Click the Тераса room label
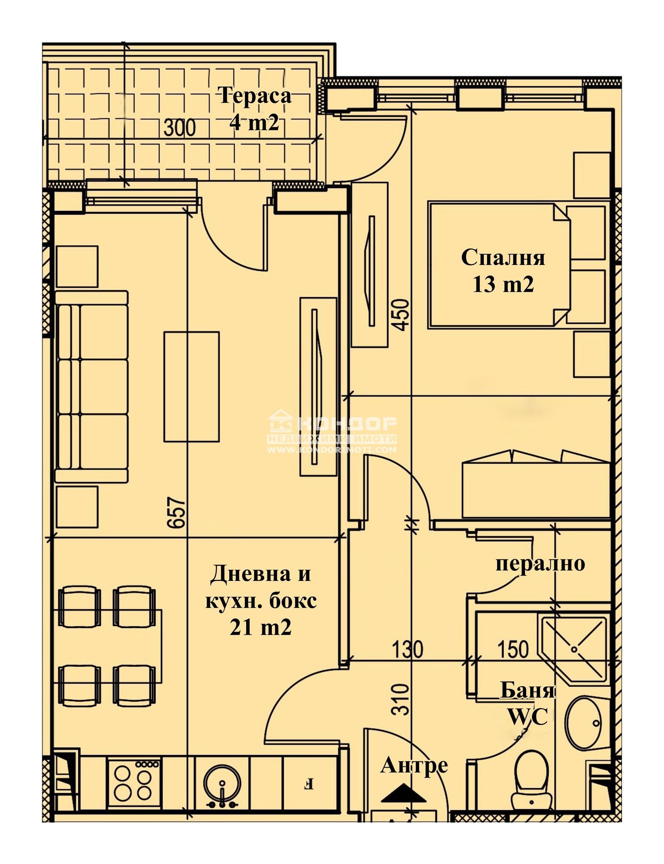click(255, 96)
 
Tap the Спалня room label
click(503, 257)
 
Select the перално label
click(540, 563)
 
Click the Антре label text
click(414, 765)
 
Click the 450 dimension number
click(402, 315)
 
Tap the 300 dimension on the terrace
click(179, 127)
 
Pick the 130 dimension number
click(407, 649)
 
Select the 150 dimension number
click(513, 649)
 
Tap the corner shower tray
click(574, 648)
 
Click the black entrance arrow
click(403, 792)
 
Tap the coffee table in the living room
click(191, 386)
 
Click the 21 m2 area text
click(261, 627)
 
